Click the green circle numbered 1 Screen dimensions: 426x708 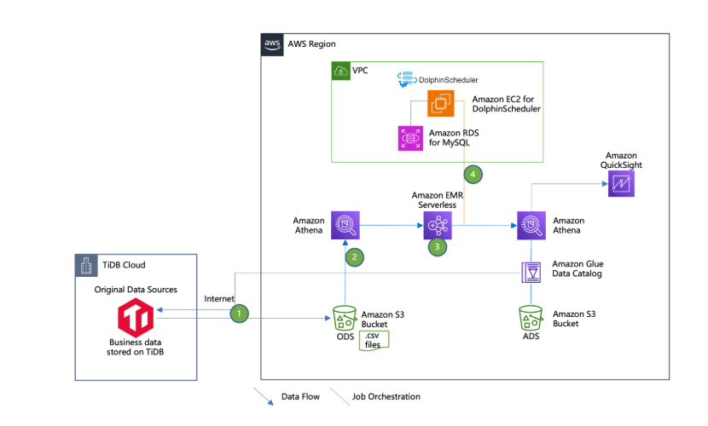tap(240, 314)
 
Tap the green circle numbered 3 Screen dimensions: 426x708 tap(438, 247)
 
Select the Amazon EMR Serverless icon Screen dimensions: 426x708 tap(438, 225)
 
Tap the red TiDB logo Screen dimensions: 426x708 tap(136, 319)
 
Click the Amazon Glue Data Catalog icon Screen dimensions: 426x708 tap(532, 273)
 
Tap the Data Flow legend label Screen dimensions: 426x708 tap(301, 396)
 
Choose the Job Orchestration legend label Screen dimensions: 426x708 tap(386, 396)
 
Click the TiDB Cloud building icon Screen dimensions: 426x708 tap(85, 266)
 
